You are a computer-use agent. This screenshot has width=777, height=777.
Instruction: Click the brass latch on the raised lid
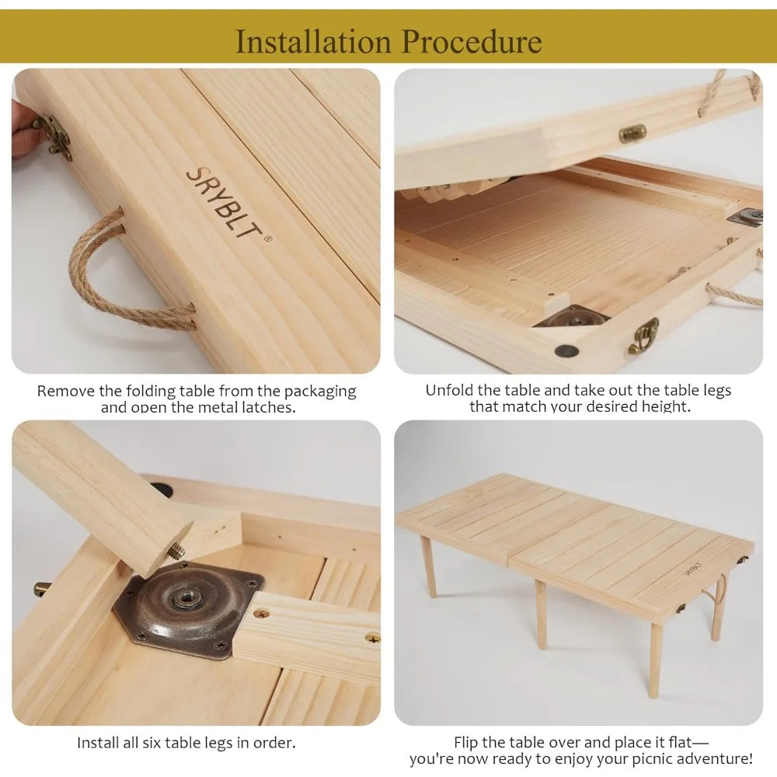click(x=632, y=134)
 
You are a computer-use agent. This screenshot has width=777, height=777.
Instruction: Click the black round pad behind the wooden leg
click(x=162, y=490)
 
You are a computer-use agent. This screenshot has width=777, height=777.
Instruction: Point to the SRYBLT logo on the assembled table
click(x=692, y=569)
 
